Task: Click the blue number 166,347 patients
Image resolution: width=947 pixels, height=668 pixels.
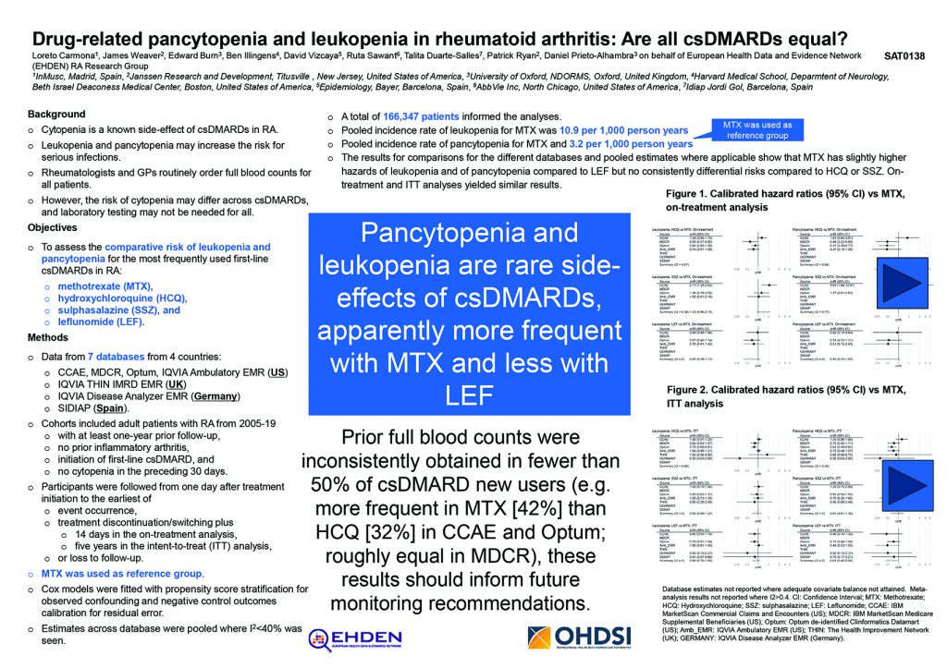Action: click(x=422, y=117)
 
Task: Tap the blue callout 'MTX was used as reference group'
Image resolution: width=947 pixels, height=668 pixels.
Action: click(x=756, y=130)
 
